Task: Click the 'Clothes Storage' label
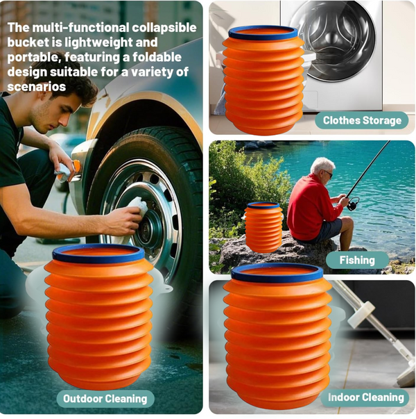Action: (362, 120)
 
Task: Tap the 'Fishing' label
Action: (356, 261)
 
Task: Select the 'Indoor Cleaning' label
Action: (365, 397)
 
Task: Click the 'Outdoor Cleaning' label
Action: (105, 398)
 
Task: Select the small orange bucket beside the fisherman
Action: (263, 228)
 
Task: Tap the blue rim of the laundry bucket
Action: (263, 32)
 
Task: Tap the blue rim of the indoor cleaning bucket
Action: (277, 272)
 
